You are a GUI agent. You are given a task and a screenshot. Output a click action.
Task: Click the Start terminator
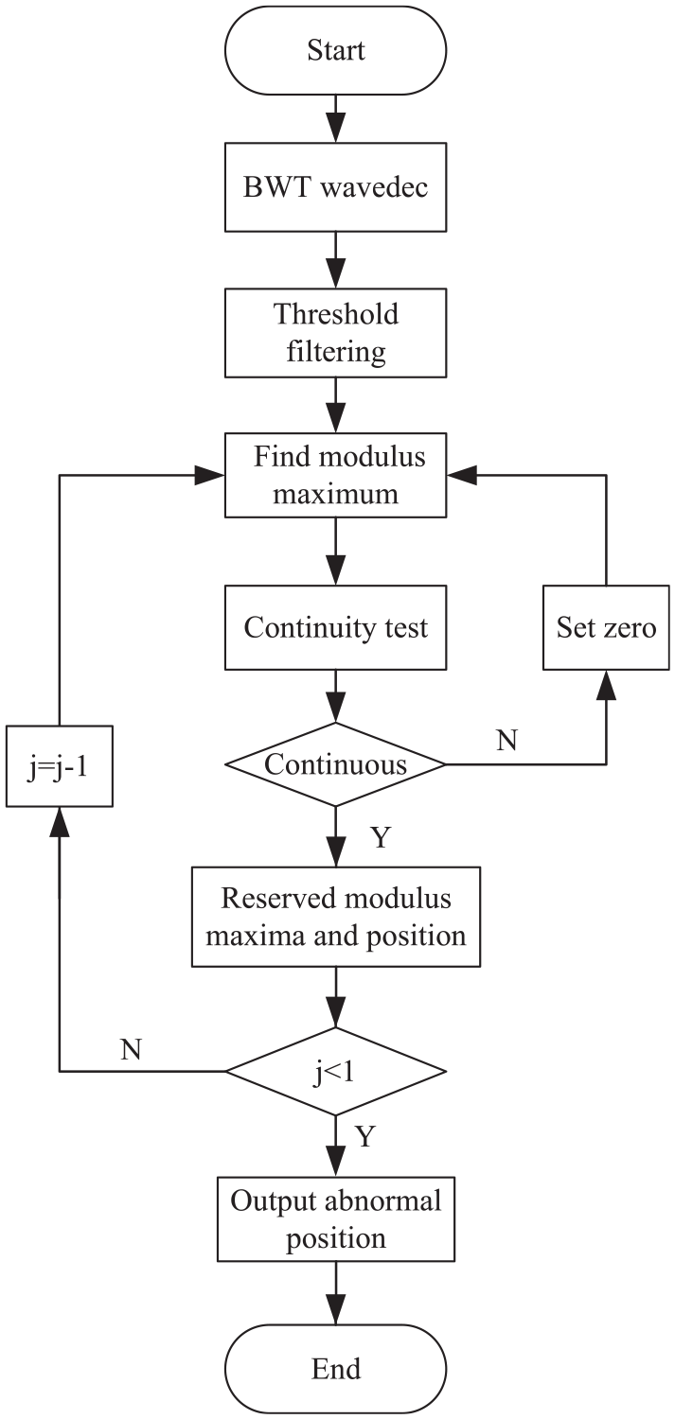tap(335, 51)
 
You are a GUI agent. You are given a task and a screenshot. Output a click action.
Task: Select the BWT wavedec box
tap(335, 187)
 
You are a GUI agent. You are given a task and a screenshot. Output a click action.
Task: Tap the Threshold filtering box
tap(335, 333)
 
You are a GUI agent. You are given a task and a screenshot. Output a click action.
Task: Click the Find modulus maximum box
tap(335, 475)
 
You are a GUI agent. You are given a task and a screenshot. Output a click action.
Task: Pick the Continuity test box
tap(335, 627)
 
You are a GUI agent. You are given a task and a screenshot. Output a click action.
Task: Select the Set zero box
tap(606, 627)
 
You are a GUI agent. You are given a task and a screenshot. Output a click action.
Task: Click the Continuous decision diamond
tap(335, 764)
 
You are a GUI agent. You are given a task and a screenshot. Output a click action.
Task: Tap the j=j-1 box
tap(60, 766)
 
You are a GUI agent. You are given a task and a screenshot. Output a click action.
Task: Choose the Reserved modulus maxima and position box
tap(336, 917)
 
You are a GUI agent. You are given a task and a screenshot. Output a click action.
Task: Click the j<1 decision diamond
tap(335, 1071)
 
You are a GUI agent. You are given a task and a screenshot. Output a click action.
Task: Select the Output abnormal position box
tap(336, 1219)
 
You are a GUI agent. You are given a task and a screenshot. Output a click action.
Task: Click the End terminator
tap(335, 1369)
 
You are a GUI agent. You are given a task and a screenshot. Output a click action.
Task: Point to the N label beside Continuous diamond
tap(507, 740)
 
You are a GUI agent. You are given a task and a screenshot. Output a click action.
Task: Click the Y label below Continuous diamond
tap(381, 837)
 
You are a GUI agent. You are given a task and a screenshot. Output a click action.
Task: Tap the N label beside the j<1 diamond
tap(131, 1050)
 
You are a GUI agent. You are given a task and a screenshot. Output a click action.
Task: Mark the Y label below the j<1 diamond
tap(365, 1136)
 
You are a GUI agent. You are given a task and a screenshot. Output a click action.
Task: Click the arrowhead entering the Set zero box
tap(607, 685)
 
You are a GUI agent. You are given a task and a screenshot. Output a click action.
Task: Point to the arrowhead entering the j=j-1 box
tap(60, 822)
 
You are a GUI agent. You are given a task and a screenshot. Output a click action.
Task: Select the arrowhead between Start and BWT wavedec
tap(335, 128)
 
